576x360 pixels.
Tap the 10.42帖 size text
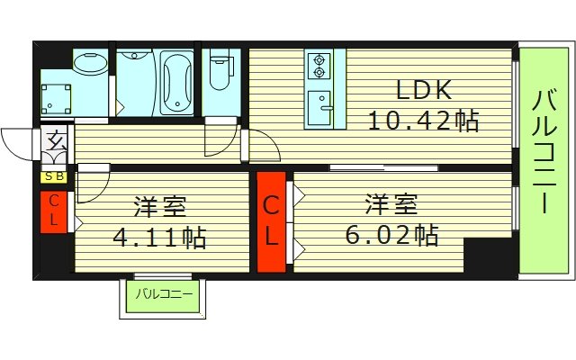(423, 121)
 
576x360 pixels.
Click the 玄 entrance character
(56, 141)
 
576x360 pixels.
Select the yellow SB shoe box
(54, 177)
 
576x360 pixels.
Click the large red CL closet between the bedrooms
(272, 221)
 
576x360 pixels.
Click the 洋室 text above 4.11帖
(160, 206)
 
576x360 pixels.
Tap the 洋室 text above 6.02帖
(391, 203)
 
